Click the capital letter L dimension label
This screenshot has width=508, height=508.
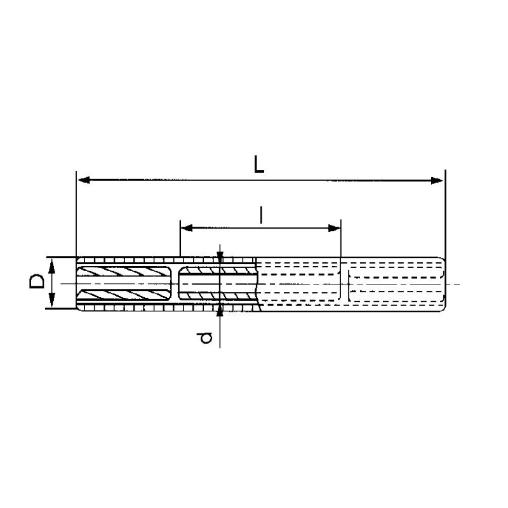click(258, 164)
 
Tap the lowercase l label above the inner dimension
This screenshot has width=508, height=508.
click(261, 215)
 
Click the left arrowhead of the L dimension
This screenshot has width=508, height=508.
click(81, 181)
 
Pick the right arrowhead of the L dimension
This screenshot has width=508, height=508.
click(439, 181)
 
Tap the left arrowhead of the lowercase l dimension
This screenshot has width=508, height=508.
click(185, 227)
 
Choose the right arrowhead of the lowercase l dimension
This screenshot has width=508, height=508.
click(337, 227)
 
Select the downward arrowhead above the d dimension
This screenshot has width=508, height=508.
click(220, 255)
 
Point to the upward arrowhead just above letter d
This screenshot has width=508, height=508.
click(220, 310)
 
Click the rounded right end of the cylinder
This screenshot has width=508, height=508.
click(443, 283)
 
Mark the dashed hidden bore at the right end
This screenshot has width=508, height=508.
click(394, 283)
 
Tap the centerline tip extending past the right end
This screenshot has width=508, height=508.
click(455, 283)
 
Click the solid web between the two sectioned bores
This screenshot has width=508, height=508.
click(175, 283)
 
